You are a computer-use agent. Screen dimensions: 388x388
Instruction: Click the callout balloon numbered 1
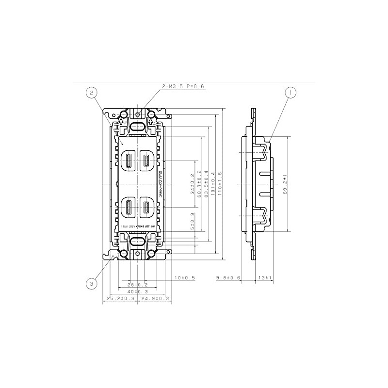tap(291, 91)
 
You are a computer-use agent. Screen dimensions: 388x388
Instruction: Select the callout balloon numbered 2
tap(92, 92)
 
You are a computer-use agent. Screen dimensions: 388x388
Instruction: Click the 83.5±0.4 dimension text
tap(207, 184)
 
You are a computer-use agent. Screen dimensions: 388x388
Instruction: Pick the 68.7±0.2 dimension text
tap(199, 184)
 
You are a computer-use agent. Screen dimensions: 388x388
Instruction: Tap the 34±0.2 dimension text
tap(193, 184)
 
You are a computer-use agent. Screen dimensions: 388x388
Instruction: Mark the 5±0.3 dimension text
tap(193, 221)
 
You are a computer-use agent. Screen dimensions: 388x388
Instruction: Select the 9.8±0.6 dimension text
tap(228, 277)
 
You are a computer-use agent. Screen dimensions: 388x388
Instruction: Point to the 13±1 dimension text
tap(265, 277)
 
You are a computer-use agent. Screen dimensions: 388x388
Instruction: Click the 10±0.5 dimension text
tap(184, 277)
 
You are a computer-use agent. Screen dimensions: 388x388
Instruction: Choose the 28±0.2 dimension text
tap(137, 284)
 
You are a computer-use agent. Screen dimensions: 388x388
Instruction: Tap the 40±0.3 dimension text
tap(137, 291)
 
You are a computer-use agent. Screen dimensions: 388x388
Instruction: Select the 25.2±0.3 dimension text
tap(120, 299)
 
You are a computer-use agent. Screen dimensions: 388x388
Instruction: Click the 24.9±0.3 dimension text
tap(154, 299)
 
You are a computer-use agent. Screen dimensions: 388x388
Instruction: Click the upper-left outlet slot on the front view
tap(129, 160)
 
